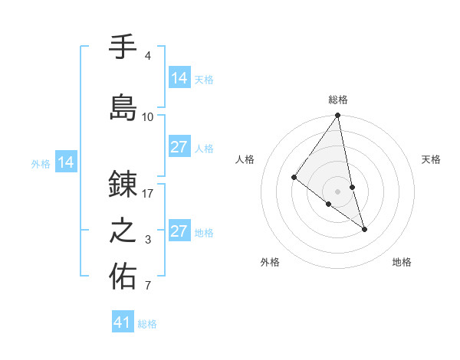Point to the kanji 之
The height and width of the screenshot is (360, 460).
point(123,231)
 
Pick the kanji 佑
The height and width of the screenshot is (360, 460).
point(123,277)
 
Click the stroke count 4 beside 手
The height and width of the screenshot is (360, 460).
point(147,56)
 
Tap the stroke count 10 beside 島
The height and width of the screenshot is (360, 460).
point(148,116)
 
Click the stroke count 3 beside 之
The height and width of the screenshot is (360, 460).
point(148,240)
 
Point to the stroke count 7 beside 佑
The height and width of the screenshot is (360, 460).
point(147,286)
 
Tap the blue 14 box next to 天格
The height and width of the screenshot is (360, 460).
point(179,77)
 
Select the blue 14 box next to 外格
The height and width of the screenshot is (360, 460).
point(66,162)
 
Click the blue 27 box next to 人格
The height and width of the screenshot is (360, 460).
point(179,147)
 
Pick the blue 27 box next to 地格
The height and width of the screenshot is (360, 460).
point(179,231)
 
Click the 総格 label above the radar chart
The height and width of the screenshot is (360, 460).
point(338,100)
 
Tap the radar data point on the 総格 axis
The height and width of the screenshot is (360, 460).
point(337,116)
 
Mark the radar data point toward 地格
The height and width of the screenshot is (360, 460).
point(364,228)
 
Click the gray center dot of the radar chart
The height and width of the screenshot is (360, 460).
point(337,191)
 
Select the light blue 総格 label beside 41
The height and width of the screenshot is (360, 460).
point(147,324)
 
